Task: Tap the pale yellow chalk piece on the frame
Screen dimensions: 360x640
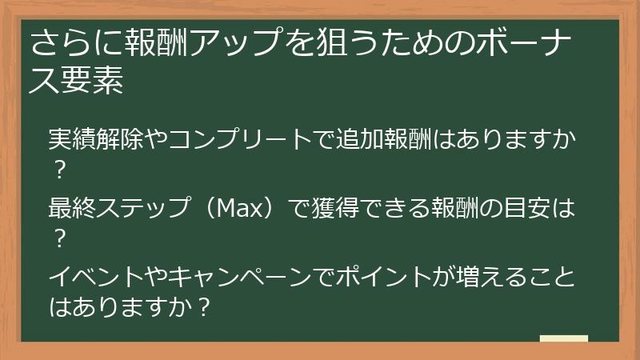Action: coord(563,339)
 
